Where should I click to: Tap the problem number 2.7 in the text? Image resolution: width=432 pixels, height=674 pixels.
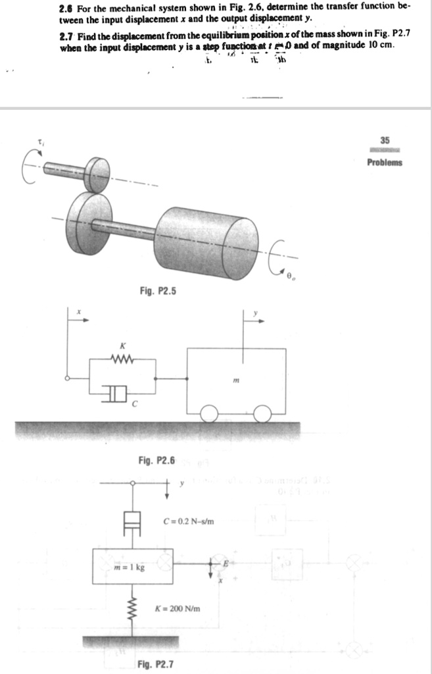click(64, 32)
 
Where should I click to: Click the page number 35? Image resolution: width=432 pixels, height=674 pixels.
click(385, 140)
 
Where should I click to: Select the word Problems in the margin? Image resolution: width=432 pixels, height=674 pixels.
click(385, 163)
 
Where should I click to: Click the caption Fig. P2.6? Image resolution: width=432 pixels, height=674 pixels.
click(157, 460)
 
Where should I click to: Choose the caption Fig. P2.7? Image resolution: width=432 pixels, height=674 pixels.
click(156, 664)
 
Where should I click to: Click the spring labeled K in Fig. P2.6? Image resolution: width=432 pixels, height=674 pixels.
click(122, 360)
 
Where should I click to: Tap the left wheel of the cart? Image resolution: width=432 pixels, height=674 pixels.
click(210, 414)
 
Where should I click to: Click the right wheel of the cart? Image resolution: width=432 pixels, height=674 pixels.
click(263, 414)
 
